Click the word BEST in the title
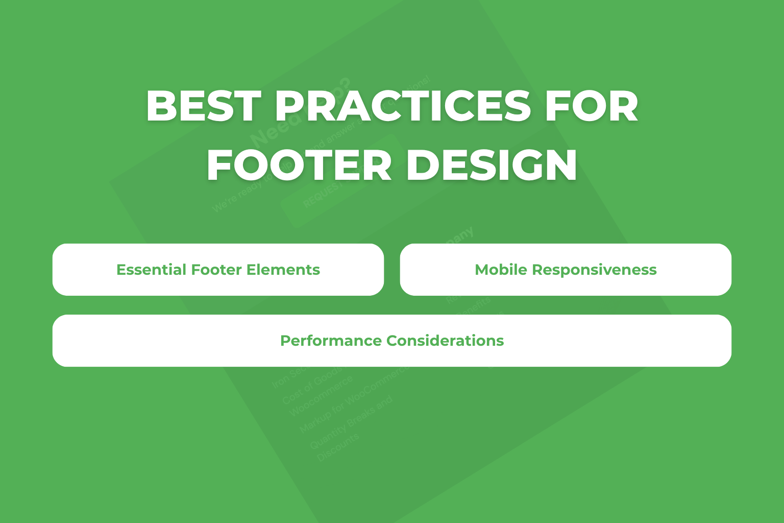[203, 106]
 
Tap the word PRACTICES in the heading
[403, 106]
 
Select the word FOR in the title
[592, 106]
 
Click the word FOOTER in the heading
[299, 166]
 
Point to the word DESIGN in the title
[492, 166]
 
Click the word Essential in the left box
[151, 270]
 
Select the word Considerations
[445, 341]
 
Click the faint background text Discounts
[337, 447]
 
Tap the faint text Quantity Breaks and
[351, 423]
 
